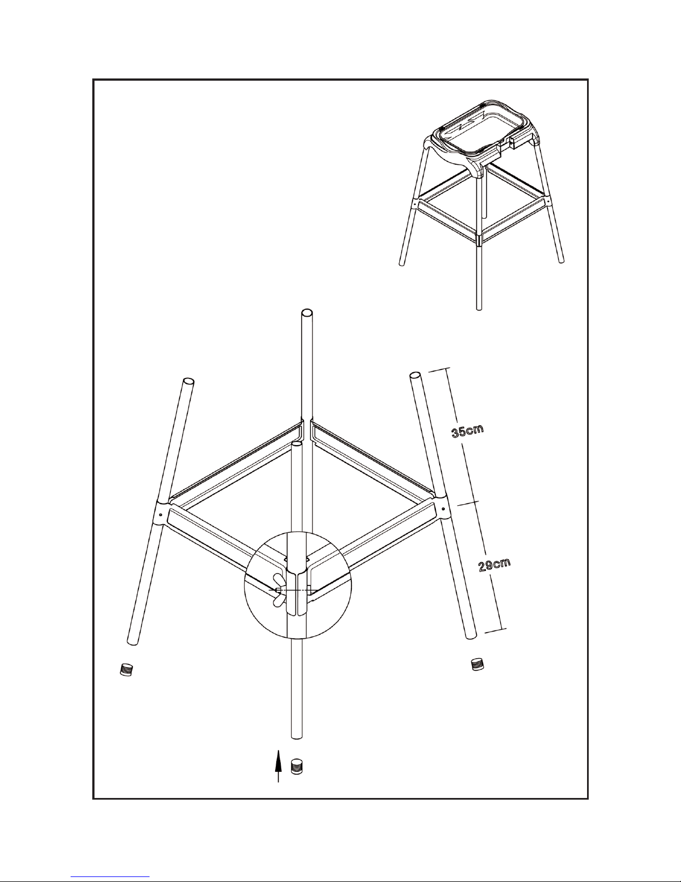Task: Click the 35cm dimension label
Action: coord(468,431)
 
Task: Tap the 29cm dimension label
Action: coord(494,565)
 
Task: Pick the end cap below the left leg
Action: coord(127,669)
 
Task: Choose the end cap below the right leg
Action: coord(478,664)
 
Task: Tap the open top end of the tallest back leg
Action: coord(307,313)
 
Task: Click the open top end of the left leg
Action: coord(188,382)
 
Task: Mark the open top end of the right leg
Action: coord(415,375)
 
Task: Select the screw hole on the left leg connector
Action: coord(161,515)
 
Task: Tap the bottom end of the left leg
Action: coord(132,642)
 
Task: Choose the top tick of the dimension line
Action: coord(439,369)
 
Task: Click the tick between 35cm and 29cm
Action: coord(469,503)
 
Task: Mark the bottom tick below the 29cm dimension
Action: coord(496,630)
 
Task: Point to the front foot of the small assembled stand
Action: coord(479,308)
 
